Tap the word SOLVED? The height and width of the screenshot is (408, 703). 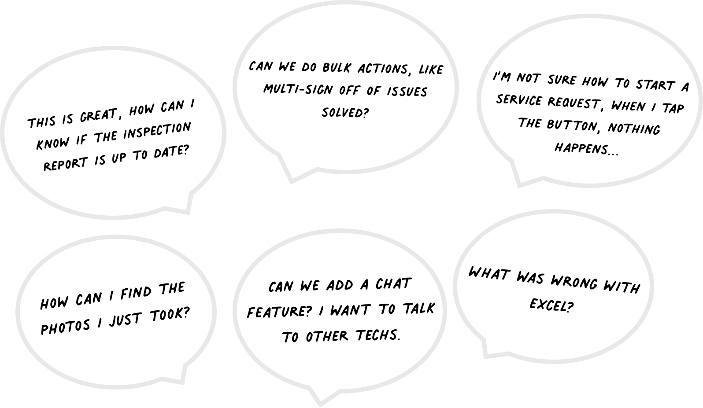tap(345, 113)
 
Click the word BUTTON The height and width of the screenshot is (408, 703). tap(571, 126)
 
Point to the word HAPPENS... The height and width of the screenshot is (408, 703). tap(586, 148)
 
